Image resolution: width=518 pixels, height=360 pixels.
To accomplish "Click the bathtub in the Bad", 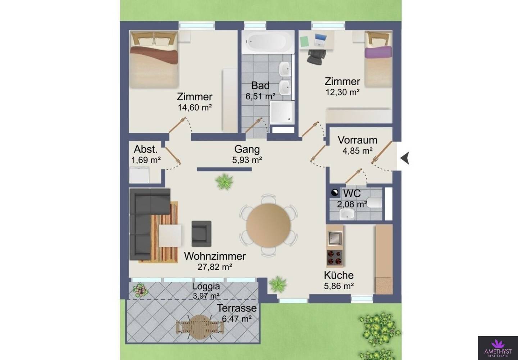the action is (x=268, y=42).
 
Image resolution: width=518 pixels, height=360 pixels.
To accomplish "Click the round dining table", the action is (x=268, y=225).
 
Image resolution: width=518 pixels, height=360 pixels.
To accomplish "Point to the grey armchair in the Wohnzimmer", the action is (x=201, y=234).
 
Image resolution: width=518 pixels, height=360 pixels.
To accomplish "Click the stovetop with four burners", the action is (x=335, y=258).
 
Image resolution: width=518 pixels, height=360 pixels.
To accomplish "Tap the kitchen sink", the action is (x=335, y=238).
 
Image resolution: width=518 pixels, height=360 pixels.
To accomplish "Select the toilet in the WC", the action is (x=374, y=203).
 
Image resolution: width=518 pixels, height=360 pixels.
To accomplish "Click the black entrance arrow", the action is (x=405, y=158).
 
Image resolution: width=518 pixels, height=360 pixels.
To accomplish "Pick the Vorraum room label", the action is (x=357, y=140).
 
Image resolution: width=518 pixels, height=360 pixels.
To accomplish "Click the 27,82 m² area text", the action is (x=215, y=267).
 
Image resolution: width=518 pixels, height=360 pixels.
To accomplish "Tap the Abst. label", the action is (x=146, y=149).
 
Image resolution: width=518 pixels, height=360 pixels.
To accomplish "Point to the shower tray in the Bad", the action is (x=282, y=113).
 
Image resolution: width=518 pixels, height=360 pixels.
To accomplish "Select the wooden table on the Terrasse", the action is (x=200, y=327).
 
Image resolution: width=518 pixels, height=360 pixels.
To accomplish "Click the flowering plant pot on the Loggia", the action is (x=140, y=290).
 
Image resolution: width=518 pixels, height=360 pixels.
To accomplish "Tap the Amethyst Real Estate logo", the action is (x=498, y=348).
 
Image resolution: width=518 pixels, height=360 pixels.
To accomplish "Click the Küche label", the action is (x=338, y=275).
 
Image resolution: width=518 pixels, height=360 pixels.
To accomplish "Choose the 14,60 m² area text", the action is (x=195, y=108).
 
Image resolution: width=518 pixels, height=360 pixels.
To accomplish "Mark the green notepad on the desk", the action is (x=305, y=42).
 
